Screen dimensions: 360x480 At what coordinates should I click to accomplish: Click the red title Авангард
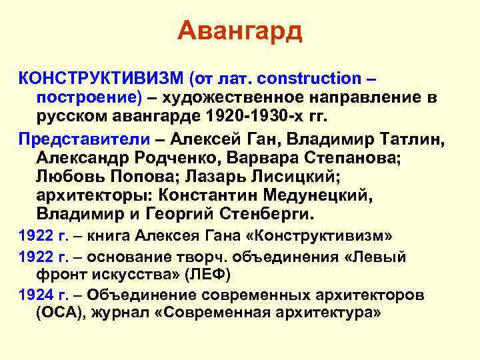coord(240,30)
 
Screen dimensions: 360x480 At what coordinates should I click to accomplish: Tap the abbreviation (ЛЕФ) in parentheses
coord(207,275)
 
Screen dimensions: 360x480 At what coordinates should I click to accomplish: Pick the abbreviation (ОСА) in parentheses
coord(61,313)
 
